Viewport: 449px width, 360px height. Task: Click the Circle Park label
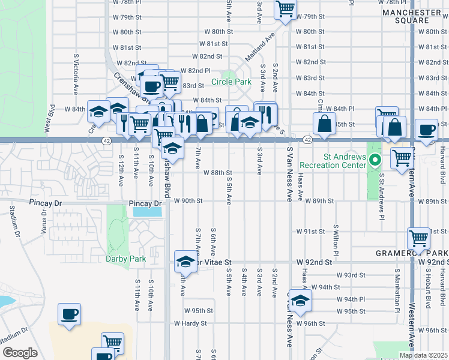231,82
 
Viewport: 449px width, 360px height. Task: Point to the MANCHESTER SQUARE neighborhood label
411,16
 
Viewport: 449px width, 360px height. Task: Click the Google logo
20,353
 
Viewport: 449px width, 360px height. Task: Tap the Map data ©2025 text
423,355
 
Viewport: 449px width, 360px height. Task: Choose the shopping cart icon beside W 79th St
285,8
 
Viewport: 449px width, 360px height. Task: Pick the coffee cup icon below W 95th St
70,314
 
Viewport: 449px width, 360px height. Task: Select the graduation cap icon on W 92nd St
185,262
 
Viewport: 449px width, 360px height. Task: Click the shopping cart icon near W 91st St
418,238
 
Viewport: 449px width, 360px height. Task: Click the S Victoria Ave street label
77,74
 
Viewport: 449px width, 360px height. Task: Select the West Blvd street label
46,121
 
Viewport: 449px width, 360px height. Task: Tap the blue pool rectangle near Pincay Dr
148,211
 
